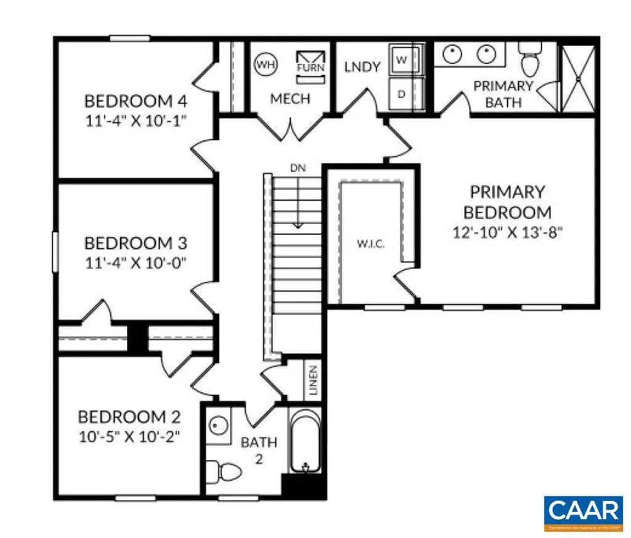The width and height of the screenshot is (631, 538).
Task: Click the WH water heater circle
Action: (x=266, y=63)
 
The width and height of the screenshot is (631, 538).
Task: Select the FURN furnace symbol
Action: (x=310, y=64)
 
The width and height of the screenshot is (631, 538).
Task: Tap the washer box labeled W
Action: (x=401, y=60)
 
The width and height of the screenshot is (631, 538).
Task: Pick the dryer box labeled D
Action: (x=401, y=94)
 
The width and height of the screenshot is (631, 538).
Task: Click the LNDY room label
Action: (x=362, y=66)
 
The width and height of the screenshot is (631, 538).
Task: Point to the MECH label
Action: (x=290, y=98)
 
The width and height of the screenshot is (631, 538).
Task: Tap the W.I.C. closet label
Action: (x=370, y=244)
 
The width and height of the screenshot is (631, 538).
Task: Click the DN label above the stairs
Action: (x=298, y=167)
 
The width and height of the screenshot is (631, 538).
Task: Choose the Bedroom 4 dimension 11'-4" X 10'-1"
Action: (x=136, y=119)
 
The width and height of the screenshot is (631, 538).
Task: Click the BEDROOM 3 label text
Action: (x=136, y=243)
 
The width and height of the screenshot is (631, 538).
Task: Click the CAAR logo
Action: (x=582, y=511)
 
